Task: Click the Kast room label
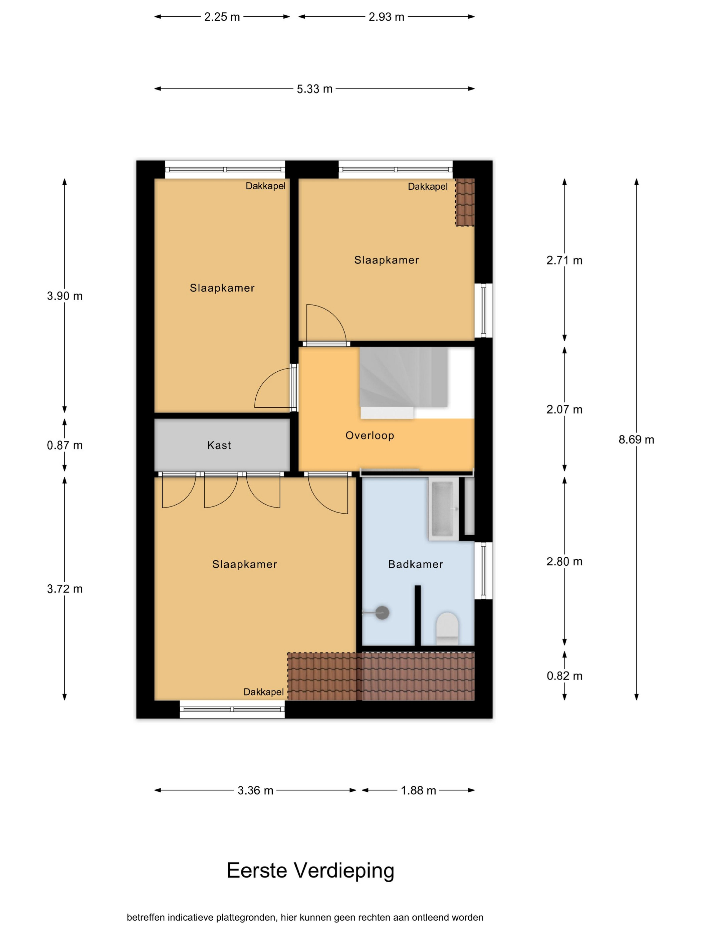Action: [219, 445]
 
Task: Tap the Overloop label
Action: [370, 435]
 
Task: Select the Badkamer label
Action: [415, 564]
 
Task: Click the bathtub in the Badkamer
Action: [443, 509]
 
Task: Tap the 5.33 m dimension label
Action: [314, 89]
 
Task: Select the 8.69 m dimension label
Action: [636, 439]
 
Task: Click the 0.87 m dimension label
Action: [65, 445]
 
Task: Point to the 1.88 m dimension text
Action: [418, 790]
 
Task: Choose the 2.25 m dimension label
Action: [222, 17]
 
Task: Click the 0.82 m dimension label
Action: [564, 676]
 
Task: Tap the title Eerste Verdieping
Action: [310, 870]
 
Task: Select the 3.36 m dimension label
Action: [255, 790]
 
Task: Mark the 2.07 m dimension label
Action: [564, 409]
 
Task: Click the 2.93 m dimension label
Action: [386, 17]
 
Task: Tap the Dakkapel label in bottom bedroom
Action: [264, 692]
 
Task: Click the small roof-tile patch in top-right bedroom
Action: [465, 202]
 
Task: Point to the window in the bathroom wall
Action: [483, 570]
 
